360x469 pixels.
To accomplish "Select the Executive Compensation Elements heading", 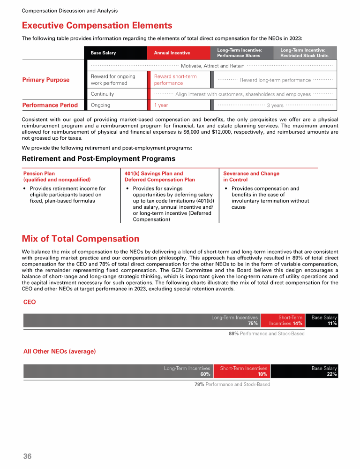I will (x=97, y=26).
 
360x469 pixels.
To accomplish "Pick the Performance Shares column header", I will (x=241, y=53).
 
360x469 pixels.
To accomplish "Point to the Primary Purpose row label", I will (x=46, y=80).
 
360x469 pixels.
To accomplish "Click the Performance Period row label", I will (x=50, y=105).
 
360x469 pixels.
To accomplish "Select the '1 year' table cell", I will (x=161, y=105).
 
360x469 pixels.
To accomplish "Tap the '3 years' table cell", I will (x=275, y=106).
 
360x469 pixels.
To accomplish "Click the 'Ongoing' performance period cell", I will (x=100, y=105).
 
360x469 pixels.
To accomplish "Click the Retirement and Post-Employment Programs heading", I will (x=98, y=159).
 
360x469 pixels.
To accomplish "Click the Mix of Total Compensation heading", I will (x=81, y=239).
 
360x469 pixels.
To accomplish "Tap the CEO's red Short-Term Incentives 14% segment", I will (x=283, y=320).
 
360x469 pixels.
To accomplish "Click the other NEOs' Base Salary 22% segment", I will (x=304, y=371).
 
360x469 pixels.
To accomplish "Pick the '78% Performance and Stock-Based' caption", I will (x=232, y=385).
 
